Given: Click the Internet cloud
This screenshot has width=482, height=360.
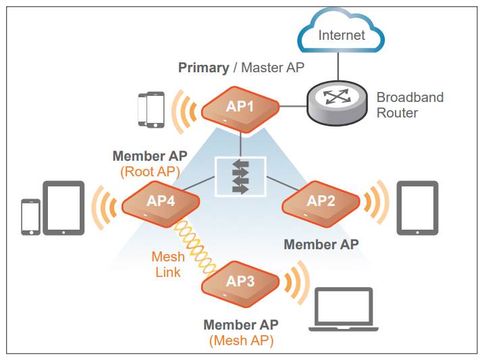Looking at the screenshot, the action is coord(341,31).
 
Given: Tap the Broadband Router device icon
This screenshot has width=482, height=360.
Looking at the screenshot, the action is coord(338,103).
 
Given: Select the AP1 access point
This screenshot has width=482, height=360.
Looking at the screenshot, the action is coord(240,109).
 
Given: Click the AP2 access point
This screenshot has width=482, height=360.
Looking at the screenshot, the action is coord(321,203).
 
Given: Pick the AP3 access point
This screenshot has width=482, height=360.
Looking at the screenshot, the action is coord(240,284).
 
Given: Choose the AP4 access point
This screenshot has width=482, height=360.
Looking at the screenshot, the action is coord(161,203).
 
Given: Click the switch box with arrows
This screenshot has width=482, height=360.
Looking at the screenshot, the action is coord(240,176).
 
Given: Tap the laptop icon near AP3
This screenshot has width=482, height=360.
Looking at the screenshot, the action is coord(344,309).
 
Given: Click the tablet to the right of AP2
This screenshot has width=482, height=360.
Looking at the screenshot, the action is coord(417,208).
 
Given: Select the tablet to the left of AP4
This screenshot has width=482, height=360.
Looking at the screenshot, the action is coord(63,208).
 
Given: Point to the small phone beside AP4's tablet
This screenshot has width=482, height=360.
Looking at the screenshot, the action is coord(30,217).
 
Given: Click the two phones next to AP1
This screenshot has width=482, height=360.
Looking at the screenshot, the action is coord(151,109).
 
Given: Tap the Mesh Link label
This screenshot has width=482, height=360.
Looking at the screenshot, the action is coord(168,264).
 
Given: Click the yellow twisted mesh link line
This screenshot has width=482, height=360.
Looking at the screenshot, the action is coord(194,247).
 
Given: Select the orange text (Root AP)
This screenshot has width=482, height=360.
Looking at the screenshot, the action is coord(150,172).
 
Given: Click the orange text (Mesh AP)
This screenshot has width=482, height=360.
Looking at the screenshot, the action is coord(241,340).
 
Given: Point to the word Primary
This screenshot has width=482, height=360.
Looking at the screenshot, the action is coord(204,68).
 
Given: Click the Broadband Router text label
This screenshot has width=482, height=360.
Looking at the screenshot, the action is coord(410,105).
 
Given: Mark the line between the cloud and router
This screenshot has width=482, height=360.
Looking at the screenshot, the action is coord(338,66).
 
